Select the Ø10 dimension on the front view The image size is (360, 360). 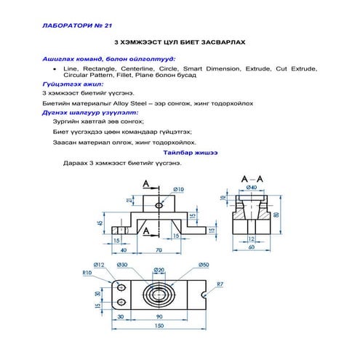click(x=179, y=189)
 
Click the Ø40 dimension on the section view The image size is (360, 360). click(x=253, y=188)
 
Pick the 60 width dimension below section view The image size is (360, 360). click(x=252, y=248)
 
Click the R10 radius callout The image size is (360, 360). click(x=87, y=273)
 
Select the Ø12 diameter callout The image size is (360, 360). click(x=100, y=264)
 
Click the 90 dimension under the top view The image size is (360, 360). click(x=158, y=317)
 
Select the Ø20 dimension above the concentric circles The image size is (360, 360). click(x=158, y=271)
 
